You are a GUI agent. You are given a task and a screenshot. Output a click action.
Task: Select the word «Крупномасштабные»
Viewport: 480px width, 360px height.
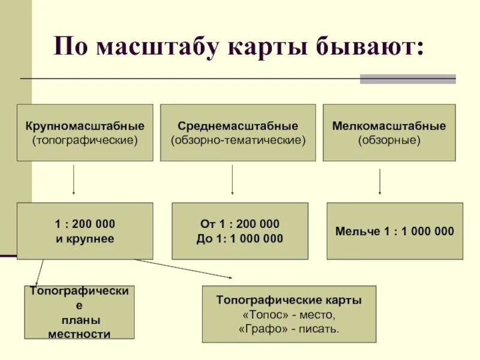point(85,127)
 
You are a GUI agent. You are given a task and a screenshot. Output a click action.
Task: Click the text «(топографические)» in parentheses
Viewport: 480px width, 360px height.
point(85,141)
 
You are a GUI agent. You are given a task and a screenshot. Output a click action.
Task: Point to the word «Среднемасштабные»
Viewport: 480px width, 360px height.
point(238,127)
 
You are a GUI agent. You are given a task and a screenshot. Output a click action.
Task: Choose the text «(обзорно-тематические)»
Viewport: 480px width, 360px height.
point(238,141)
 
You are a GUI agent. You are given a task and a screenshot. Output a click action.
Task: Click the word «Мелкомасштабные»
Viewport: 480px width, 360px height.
point(389,127)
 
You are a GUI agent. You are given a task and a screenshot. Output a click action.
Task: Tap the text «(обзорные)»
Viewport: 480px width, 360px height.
point(389,141)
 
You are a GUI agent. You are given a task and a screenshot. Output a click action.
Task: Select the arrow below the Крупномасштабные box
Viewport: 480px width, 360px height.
point(73,180)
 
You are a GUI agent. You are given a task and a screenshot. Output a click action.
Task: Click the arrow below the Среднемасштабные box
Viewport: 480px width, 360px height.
point(232,180)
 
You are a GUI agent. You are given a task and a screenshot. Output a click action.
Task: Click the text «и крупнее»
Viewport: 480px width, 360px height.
point(85,238)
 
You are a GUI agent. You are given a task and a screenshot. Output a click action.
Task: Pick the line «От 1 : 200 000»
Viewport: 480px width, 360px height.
point(239,224)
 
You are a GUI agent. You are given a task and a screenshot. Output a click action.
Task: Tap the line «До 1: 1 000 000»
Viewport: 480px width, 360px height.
point(239,238)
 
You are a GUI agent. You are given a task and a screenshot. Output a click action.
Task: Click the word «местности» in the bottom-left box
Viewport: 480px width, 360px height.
point(79,334)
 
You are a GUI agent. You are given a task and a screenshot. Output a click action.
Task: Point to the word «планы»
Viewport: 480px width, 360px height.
point(79,320)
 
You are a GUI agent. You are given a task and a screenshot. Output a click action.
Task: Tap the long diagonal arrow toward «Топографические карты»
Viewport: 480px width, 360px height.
point(183,268)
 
